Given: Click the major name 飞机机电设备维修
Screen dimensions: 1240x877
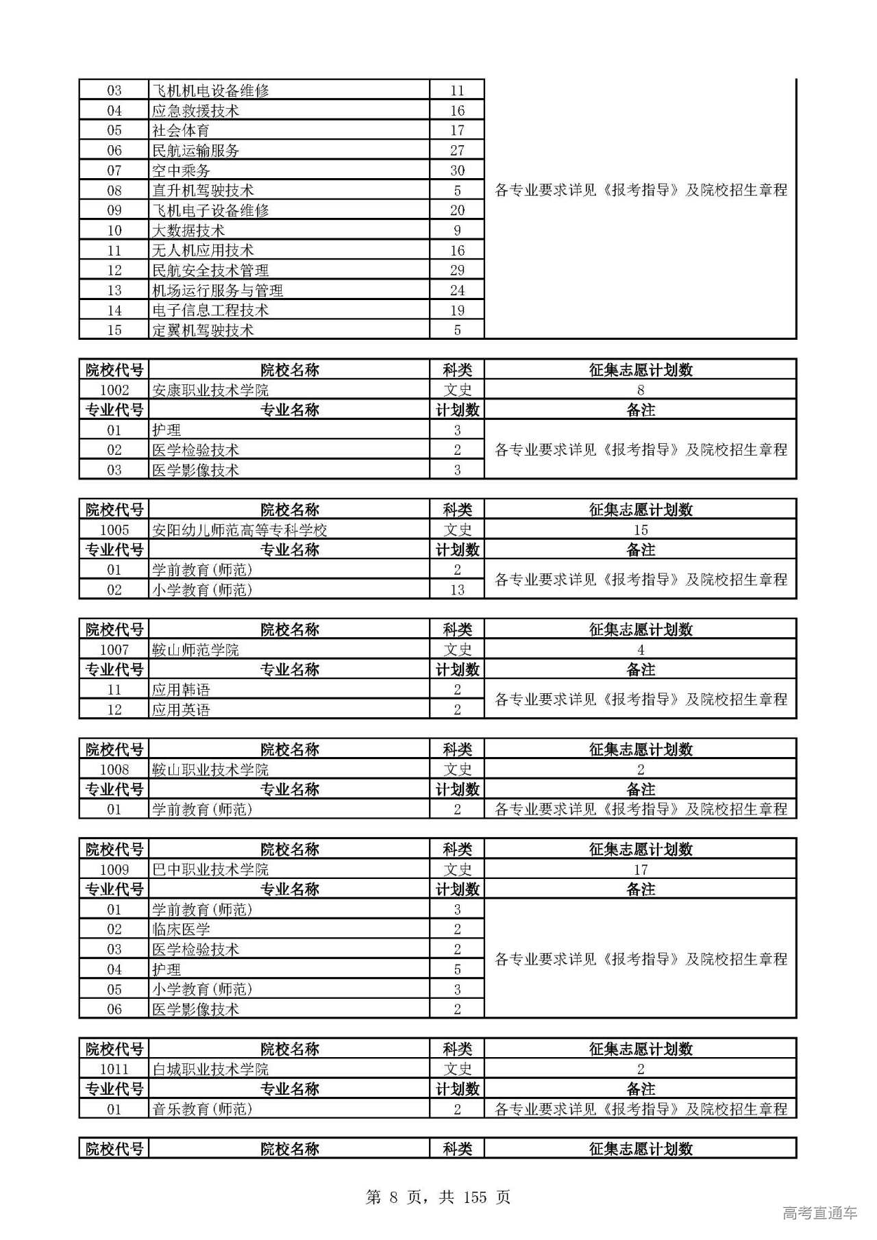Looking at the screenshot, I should (210, 90).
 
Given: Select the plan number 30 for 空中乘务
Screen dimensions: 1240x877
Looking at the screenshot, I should (457, 171).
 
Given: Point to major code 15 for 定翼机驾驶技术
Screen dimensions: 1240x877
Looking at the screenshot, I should (114, 330).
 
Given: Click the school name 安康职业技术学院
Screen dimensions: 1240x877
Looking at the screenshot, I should (210, 390).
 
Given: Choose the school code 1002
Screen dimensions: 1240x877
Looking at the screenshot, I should (114, 390).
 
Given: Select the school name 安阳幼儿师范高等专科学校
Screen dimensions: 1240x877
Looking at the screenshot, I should (239, 530).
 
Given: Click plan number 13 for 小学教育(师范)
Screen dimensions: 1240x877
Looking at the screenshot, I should (457, 590).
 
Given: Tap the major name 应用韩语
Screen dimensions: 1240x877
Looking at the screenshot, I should (181, 690).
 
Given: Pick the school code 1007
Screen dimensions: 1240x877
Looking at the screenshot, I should (114, 650).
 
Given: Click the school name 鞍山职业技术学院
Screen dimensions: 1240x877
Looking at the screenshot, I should (210, 770).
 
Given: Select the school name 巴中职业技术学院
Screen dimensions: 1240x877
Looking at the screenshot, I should (210, 870).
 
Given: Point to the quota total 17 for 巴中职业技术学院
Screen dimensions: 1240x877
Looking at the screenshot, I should (641, 870).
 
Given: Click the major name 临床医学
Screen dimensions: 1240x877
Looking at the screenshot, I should (181, 930).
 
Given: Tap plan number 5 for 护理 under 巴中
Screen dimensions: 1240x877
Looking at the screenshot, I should (457, 969).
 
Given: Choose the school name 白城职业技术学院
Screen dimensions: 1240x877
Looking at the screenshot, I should (210, 1069).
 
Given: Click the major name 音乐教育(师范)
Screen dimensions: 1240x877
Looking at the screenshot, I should (202, 1109).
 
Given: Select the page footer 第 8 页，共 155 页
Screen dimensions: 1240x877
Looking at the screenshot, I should (438, 1197).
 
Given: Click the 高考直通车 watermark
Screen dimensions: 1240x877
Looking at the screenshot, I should (819, 1213).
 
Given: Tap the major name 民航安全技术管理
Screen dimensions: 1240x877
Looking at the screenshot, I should (210, 271).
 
